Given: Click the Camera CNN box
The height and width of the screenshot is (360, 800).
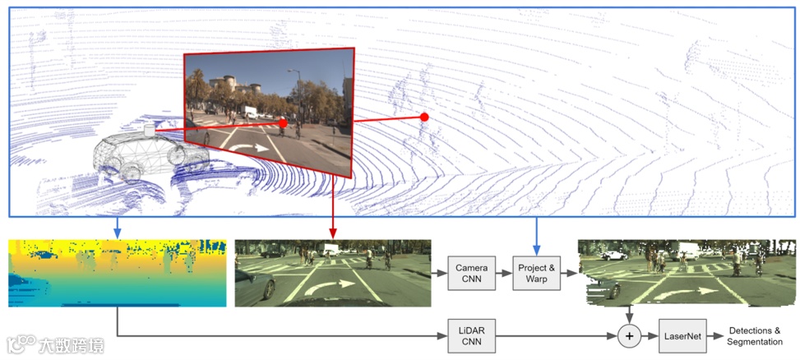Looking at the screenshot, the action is tap(472, 272).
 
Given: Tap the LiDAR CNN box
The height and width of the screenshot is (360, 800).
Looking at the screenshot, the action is tap(472, 335).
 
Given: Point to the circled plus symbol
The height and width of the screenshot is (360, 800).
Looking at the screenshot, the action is tap(629, 335).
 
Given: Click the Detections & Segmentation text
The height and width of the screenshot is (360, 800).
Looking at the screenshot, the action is tap(755, 335).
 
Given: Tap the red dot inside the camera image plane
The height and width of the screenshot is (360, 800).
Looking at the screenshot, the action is tap(282, 123).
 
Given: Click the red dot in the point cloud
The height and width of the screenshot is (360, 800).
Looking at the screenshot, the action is tap(424, 117).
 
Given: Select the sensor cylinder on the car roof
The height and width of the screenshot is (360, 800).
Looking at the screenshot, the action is tap(149, 130).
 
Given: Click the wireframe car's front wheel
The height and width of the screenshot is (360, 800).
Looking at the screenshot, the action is tap(175, 155).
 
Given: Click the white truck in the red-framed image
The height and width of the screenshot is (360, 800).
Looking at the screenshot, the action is tap(247, 111).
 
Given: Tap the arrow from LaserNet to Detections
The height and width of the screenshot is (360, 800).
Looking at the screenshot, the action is tap(717, 335).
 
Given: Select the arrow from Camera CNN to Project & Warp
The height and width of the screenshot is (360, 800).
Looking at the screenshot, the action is tap(504, 272).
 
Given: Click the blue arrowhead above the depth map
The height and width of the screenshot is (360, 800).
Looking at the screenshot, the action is tap(118, 235).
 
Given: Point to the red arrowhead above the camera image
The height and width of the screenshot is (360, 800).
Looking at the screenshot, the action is tap(332, 236).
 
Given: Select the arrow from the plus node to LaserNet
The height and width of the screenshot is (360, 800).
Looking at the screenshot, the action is tap(650, 335).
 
